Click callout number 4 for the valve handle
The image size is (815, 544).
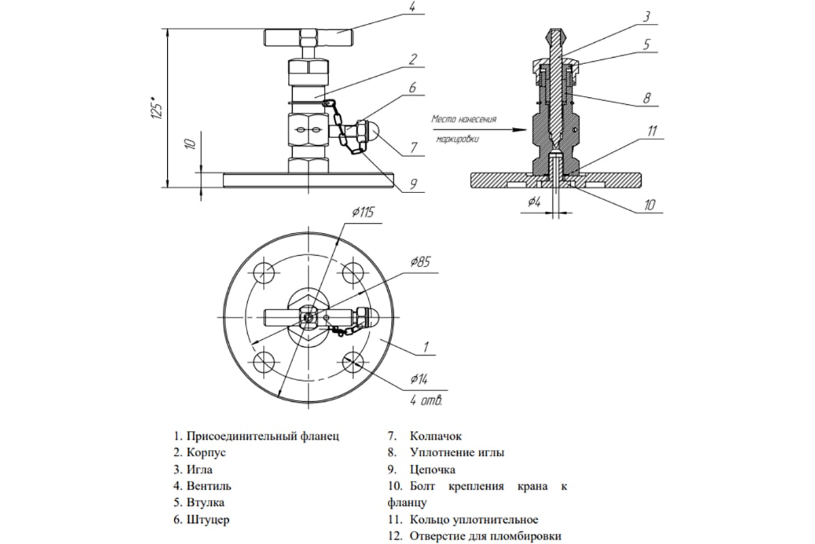coord(412,9)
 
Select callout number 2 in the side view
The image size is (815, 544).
coord(412,59)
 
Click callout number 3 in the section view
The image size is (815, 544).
coord(646,16)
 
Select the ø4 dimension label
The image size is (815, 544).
coord(535,201)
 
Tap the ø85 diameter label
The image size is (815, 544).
coord(420,262)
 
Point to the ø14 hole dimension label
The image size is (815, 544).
coord(419,378)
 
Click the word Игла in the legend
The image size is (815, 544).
coord(202,469)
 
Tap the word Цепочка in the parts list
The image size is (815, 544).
coord(433,469)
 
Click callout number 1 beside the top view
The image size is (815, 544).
coord(425,347)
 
